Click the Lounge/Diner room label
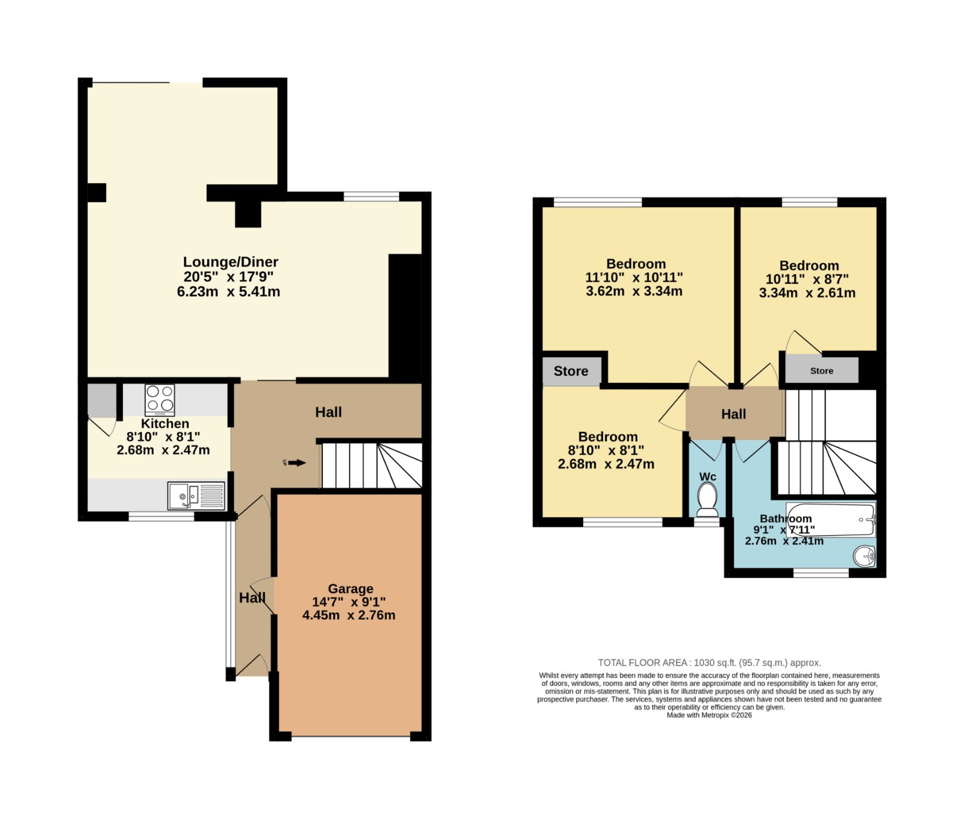click(x=231, y=262)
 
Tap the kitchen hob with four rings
click(x=160, y=400)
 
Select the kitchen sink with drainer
click(x=196, y=496)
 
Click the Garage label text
click(x=351, y=588)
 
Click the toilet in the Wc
click(x=707, y=500)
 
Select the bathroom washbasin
click(x=864, y=556)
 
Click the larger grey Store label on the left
click(x=571, y=371)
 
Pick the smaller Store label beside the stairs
click(x=822, y=371)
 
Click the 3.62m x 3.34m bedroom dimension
click(x=634, y=291)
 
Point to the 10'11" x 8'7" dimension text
click(x=807, y=279)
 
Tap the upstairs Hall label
click(x=734, y=414)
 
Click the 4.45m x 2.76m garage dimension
click(x=349, y=615)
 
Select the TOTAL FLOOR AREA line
click(x=710, y=662)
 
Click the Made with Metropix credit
click(x=709, y=715)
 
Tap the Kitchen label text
click(x=165, y=423)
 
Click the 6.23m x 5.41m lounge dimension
click(x=228, y=291)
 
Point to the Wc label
click(x=708, y=477)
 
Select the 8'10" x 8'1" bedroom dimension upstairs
click(x=606, y=450)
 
